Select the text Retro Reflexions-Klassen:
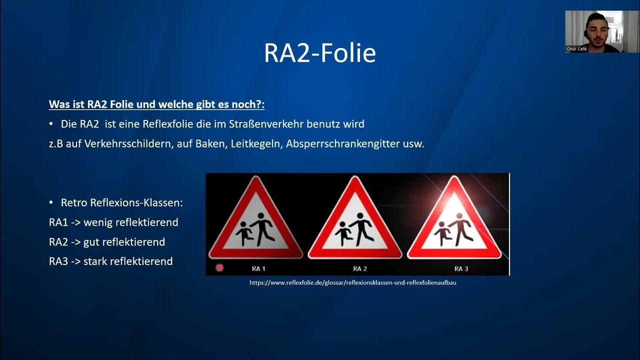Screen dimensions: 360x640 (121, 203)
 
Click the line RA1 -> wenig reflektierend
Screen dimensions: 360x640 (113, 222)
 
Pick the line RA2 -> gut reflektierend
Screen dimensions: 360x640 (107, 242)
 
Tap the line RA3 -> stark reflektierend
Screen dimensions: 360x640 (111, 261)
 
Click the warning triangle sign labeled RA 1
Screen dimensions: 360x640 (256, 220)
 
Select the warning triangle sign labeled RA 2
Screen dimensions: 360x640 (355, 220)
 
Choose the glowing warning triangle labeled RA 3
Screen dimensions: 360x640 (454, 220)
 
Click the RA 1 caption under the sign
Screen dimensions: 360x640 (258, 268)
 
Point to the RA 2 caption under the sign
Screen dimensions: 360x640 (360, 268)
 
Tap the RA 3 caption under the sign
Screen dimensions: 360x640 (461, 268)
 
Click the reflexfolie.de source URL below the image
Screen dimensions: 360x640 (353, 282)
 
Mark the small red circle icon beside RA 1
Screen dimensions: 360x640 (219, 268)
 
